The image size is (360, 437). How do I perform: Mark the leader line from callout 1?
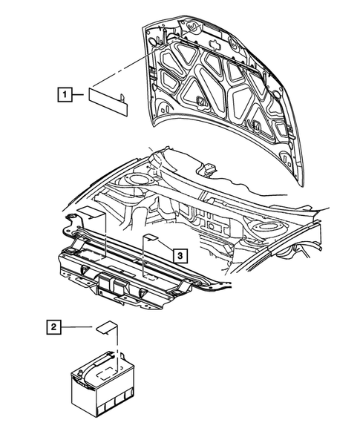81,94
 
